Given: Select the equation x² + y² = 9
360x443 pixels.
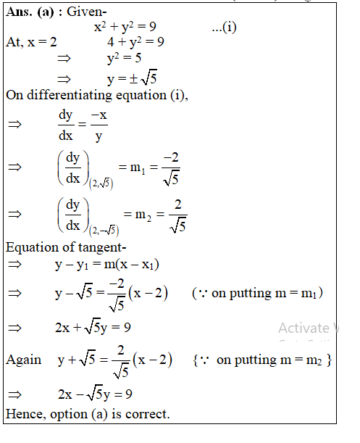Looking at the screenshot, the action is click(125, 28).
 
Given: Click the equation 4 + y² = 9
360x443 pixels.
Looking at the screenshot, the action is click(135, 42).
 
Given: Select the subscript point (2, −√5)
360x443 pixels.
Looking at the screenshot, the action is click(104, 231).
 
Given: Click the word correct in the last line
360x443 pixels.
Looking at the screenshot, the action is click(148, 414).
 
